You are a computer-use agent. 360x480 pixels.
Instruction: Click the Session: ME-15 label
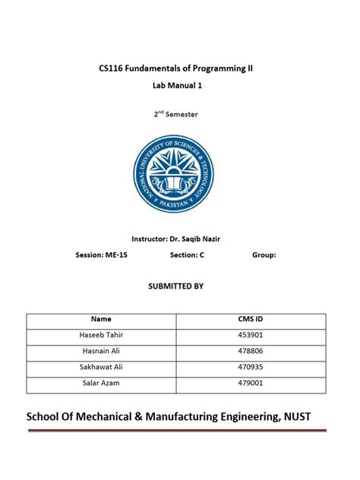point(102,255)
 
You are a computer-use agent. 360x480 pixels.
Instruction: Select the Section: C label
point(188,255)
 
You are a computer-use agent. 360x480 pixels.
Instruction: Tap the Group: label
point(264,255)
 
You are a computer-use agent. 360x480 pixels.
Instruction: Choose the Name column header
point(101,320)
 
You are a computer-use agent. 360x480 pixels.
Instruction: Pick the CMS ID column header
point(251,320)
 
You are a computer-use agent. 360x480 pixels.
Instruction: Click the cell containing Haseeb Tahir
point(101,336)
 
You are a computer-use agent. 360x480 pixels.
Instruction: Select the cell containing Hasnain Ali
point(101,352)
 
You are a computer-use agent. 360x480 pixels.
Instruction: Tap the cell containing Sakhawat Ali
point(101,368)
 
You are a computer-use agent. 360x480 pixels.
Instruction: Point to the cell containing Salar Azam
point(101,384)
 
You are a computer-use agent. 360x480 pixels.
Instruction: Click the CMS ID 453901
point(251,336)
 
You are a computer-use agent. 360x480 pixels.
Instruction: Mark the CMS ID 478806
point(251,352)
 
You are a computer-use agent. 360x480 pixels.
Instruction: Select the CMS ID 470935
point(251,368)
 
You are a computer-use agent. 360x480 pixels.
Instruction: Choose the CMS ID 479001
point(251,384)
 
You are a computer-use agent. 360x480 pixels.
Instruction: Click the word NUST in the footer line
point(293,416)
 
